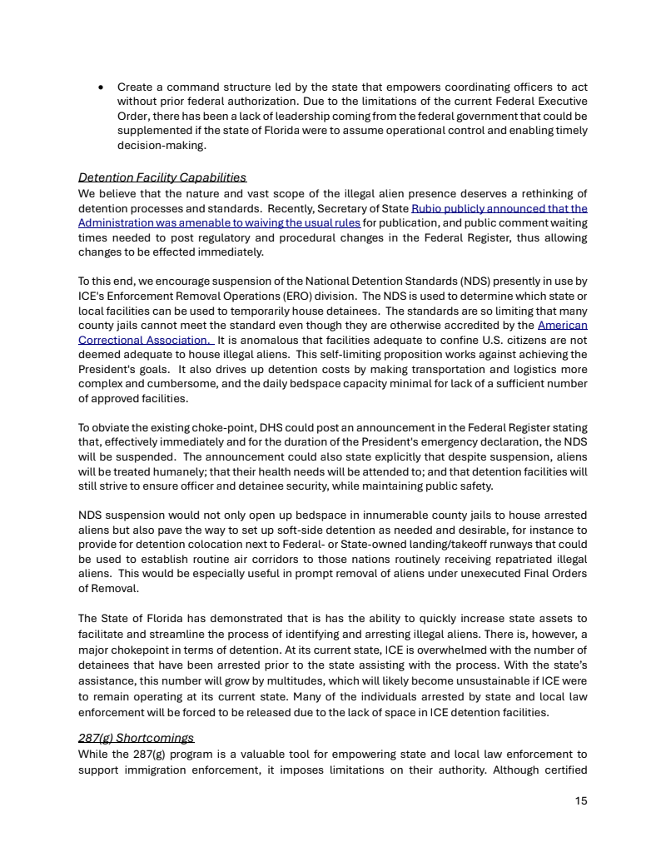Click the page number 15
tap(581, 801)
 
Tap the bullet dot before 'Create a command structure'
tap(100, 87)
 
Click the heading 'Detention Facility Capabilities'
tap(162, 177)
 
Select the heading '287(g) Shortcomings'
tap(136, 738)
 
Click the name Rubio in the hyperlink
tap(429, 208)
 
